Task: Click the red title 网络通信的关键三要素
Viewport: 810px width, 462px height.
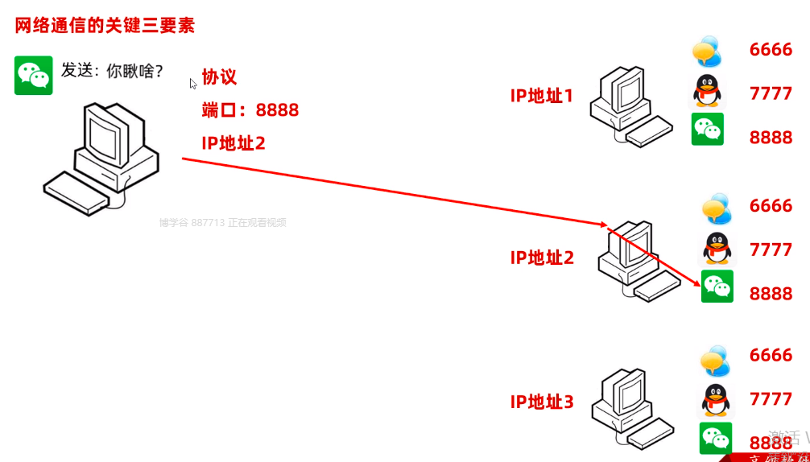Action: (105, 25)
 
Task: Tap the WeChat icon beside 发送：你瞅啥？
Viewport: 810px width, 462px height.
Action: (34, 76)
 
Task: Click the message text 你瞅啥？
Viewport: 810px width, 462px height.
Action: (135, 71)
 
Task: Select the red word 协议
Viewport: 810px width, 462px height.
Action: (219, 77)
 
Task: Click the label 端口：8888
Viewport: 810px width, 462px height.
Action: (250, 110)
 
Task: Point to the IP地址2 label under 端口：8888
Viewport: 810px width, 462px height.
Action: (233, 143)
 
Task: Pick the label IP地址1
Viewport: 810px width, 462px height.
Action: (542, 96)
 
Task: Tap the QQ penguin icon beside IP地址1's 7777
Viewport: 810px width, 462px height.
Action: (708, 91)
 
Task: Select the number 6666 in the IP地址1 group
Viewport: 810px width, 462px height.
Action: (771, 50)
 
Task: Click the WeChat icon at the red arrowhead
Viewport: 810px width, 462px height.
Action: (717, 287)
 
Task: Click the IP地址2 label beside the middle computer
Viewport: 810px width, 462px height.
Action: (542, 258)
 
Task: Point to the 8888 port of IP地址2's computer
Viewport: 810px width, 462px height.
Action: (771, 294)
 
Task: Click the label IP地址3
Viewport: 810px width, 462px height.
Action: (542, 402)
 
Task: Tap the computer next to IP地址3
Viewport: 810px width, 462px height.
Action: (631, 407)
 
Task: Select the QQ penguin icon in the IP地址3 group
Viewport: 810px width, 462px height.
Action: (716, 398)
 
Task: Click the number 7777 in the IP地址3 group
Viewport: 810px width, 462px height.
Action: (771, 399)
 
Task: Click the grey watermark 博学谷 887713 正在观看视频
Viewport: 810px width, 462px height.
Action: (222, 223)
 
